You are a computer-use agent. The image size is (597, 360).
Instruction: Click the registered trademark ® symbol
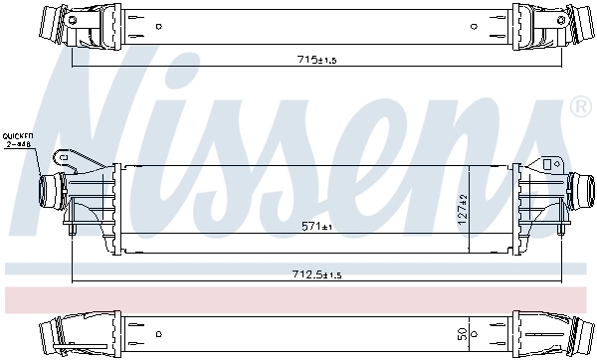point(580,104)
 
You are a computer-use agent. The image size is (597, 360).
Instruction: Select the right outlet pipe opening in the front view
point(587,186)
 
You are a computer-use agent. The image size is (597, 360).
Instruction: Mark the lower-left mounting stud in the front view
point(73,231)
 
